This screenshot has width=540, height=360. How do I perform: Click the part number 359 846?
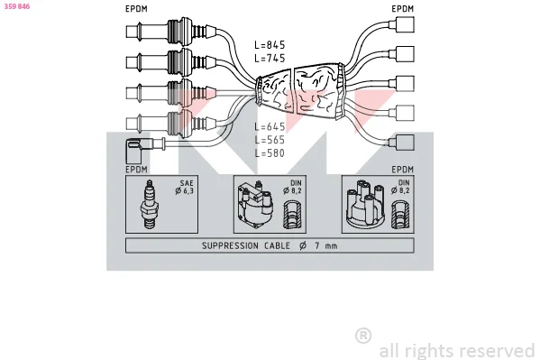(17, 6)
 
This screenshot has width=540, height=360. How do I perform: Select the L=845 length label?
(270, 45)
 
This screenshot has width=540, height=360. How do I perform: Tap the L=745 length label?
(270, 58)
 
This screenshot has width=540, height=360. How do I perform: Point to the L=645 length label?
(270, 126)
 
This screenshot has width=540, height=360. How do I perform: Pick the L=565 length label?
(270, 140)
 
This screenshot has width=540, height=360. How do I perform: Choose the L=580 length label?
(270, 152)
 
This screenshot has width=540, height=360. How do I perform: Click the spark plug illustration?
(150, 204)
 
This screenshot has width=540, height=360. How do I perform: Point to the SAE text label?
(187, 183)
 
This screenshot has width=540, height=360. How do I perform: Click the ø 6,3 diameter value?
(185, 190)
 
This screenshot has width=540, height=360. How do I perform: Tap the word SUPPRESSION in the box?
(230, 245)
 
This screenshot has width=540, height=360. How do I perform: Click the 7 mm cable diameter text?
(326, 245)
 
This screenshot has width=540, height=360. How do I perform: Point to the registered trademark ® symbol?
(363, 336)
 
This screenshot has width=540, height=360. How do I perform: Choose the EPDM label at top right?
(403, 9)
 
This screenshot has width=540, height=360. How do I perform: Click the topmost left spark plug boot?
(171, 32)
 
